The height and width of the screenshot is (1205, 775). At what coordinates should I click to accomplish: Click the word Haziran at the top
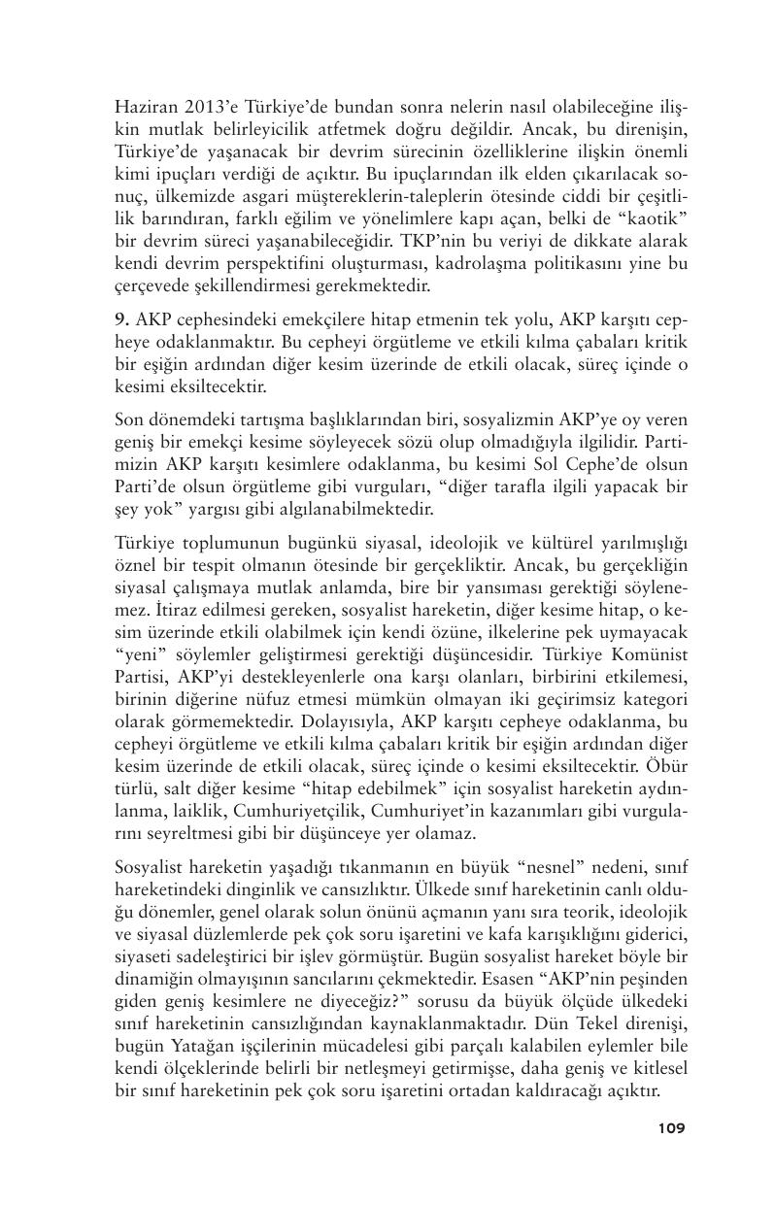pos(142,107)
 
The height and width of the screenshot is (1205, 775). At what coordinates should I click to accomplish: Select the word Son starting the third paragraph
pos(129,419)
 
